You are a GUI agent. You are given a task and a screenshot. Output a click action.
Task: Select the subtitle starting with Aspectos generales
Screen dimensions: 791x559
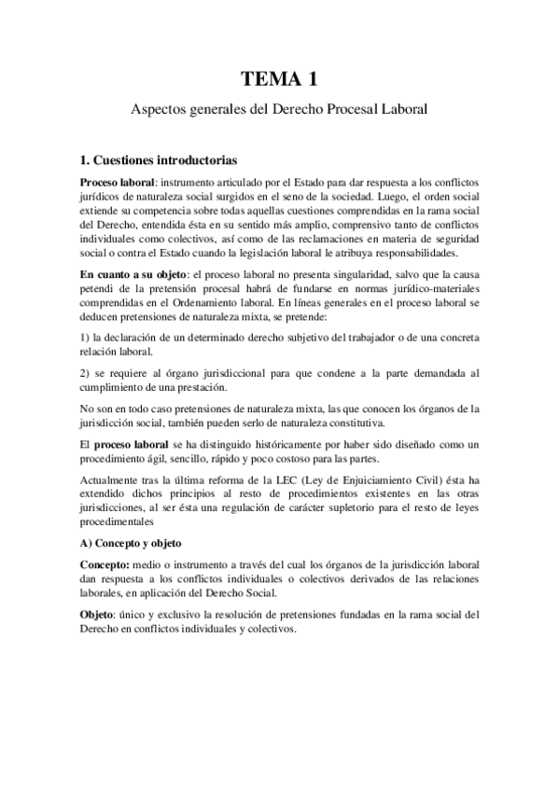278,109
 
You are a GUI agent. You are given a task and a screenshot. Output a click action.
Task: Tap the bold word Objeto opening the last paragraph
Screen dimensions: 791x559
100,615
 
